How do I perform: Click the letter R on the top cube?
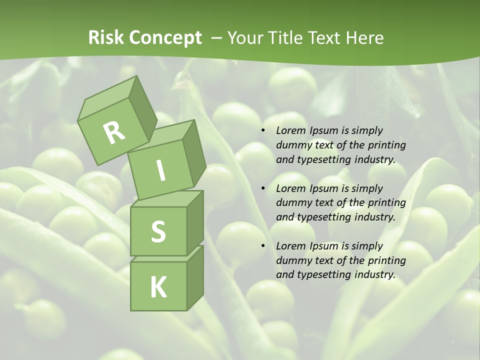[x=114, y=132]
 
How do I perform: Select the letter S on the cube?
[x=158, y=232]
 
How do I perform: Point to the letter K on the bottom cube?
[x=158, y=287]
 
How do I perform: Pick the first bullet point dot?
[x=263, y=131]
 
